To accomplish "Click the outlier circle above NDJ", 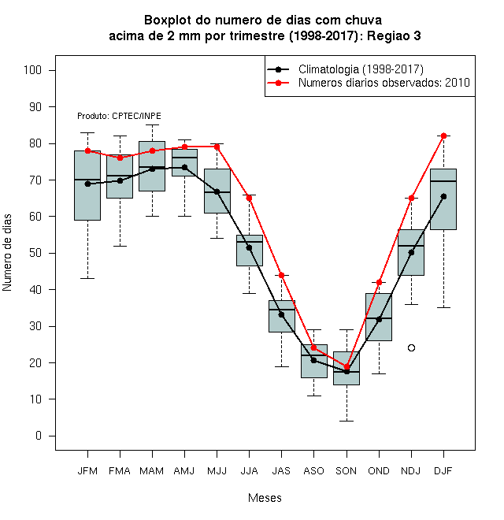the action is [x=411, y=348].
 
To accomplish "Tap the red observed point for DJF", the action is [x=443, y=136].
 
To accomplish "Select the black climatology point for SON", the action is [x=346, y=371].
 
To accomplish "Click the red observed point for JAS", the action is [x=281, y=275].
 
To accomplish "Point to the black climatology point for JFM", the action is [x=88, y=184].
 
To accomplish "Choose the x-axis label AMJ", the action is [x=184, y=471].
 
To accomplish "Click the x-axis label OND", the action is [x=379, y=471].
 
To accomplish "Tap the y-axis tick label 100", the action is [x=32, y=70].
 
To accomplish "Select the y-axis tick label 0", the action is [x=39, y=436].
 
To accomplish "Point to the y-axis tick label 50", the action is [x=35, y=253].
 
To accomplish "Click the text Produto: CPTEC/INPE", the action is [x=120, y=116].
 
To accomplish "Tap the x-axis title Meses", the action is [x=265, y=498].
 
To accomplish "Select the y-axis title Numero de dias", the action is [x=7, y=253].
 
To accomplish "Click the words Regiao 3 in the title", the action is [x=394, y=35].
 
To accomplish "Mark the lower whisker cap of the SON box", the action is [x=346, y=422].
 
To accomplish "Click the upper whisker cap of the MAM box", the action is [x=153, y=125].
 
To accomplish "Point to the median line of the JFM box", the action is [x=87, y=180].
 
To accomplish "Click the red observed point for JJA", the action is [x=250, y=198].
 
